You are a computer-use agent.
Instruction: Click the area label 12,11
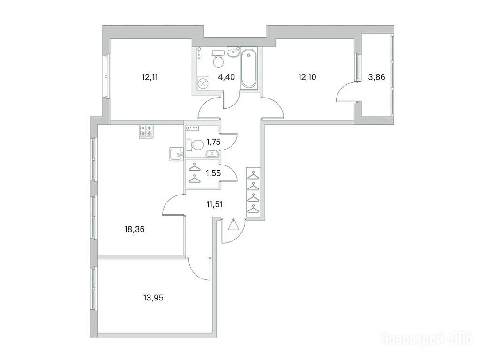coord(150,77)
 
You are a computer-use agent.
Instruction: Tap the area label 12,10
coord(307,77)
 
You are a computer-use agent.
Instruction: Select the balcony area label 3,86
coord(376,77)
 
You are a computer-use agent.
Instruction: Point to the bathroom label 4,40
coord(226,77)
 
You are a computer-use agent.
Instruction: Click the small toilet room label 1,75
coord(213,142)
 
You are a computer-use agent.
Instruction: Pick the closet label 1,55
coord(213,173)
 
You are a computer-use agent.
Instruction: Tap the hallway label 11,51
coord(214,204)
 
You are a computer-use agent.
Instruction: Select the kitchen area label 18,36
coord(135,229)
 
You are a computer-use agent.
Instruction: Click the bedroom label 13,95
coord(153,297)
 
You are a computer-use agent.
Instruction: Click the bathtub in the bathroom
coord(248,68)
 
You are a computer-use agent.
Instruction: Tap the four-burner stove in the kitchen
coord(146,131)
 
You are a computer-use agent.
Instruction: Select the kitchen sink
coord(176,154)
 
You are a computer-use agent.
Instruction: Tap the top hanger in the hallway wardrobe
coord(253,176)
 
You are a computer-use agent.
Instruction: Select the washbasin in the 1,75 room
coord(211,153)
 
